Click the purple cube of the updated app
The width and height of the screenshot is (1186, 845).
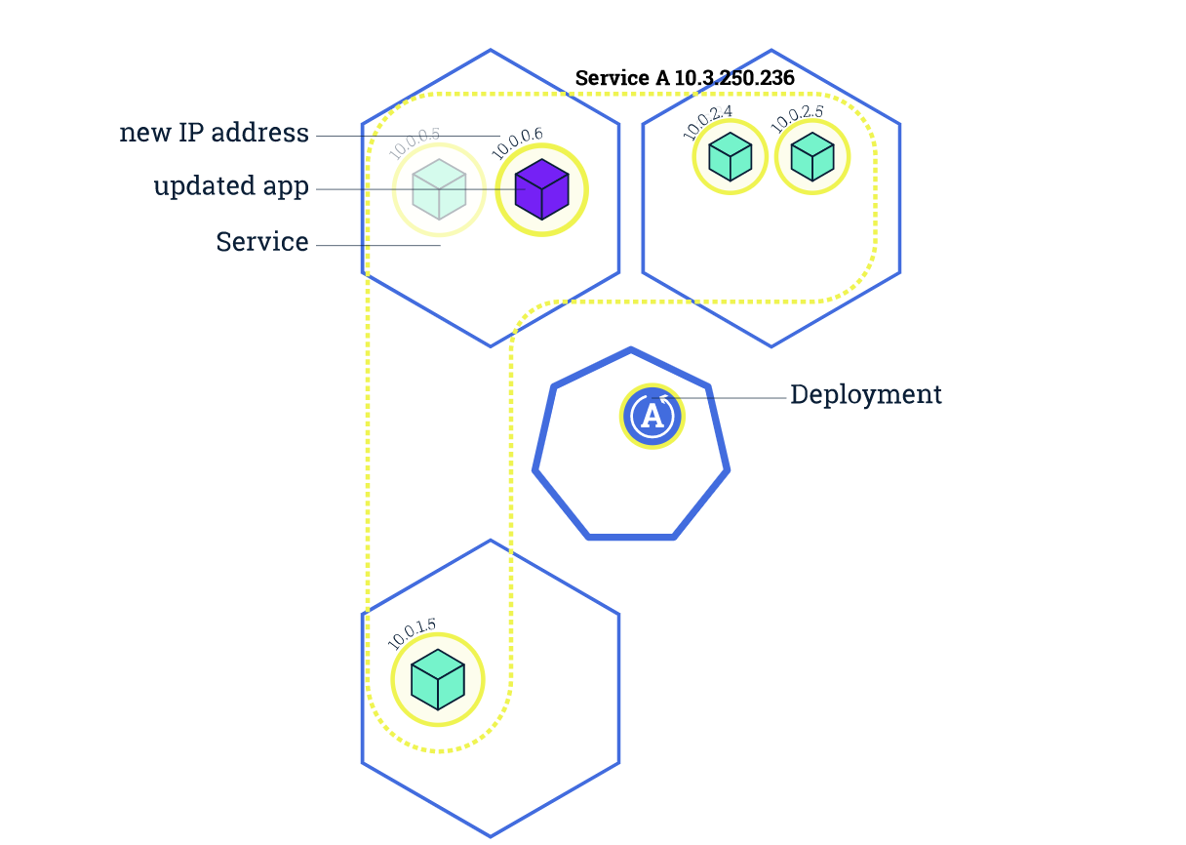point(541,190)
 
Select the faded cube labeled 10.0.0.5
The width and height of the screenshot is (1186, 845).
point(439,190)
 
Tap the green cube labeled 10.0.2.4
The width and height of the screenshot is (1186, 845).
point(730,156)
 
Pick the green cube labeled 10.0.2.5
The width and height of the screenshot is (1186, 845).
point(812,156)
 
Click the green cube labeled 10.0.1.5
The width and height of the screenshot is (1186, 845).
point(438,680)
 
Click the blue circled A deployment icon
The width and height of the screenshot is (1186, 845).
point(652,417)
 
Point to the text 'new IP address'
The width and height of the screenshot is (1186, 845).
point(214,133)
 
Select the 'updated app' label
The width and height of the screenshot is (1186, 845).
point(231,186)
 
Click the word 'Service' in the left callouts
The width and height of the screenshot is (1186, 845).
point(261,242)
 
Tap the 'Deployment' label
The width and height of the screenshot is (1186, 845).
point(866,394)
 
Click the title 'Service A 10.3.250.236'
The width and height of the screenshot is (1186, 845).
point(685,78)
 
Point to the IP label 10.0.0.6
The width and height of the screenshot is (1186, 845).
point(518,143)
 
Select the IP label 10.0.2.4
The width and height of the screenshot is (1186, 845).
point(707,119)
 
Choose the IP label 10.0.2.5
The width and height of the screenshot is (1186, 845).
point(797,119)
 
